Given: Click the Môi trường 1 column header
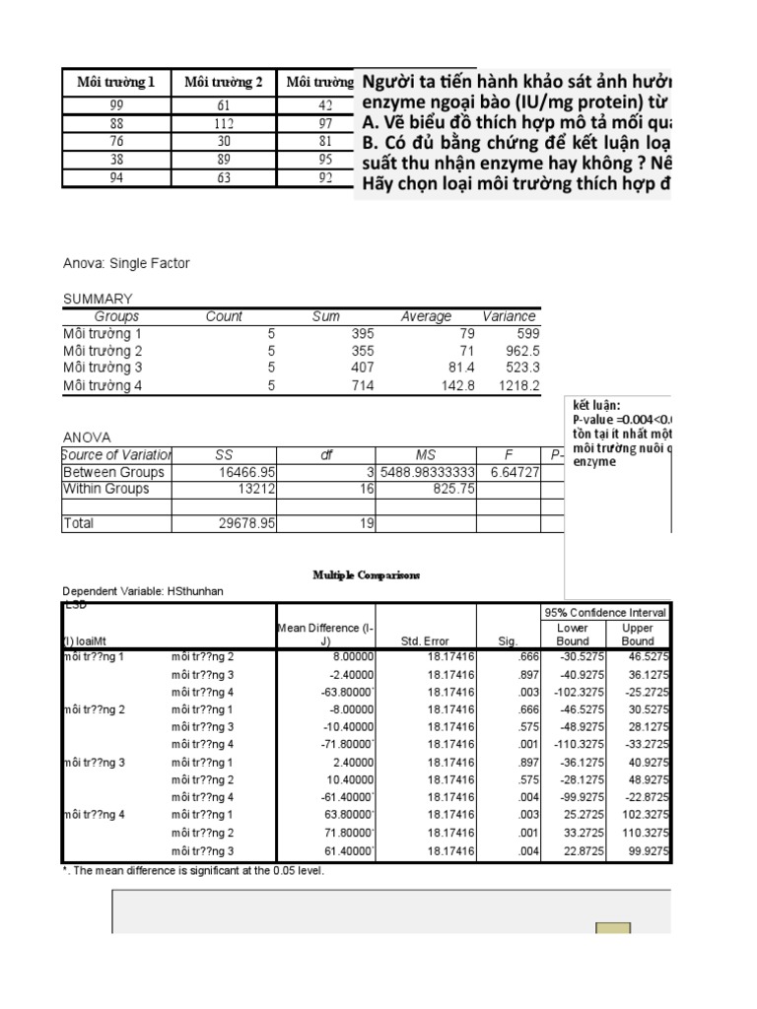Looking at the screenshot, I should tap(116, 82).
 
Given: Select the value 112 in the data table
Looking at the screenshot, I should tap(224, 123).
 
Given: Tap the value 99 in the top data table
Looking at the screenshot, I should tap(116, 105).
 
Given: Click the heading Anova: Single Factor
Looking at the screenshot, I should tap(126, 263).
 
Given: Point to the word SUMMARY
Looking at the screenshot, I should tap(98, 299).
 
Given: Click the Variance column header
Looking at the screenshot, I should tap(509, 316).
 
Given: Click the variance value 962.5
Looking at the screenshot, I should tap(517, 351).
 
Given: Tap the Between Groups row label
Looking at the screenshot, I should tap(113, 472).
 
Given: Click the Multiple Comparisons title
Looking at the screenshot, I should tap(367, 574).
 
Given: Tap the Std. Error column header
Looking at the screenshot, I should tap(425, 640).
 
